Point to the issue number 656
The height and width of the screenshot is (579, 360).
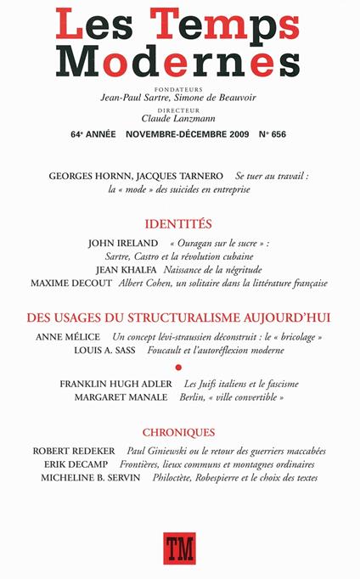(x=279, y=134)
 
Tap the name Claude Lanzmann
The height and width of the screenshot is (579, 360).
(x=180, y=118)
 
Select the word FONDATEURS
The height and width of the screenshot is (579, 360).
(x=180, y=88)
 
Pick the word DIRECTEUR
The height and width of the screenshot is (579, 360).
(x=180, y=109)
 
